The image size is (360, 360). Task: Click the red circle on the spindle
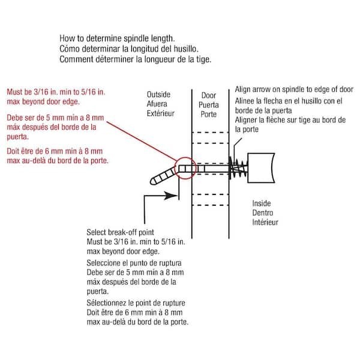[184, 167]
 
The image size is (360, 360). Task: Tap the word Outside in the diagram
[158, 95]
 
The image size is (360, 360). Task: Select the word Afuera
[158, 104]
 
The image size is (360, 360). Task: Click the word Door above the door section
[208, 95]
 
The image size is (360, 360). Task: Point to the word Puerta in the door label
[208, 104]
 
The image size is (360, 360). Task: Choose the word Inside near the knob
[262, 204]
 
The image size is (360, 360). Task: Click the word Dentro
[262, 213]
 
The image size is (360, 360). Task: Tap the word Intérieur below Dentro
[265, 222]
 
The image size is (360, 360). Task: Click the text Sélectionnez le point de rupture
[140, 304]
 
